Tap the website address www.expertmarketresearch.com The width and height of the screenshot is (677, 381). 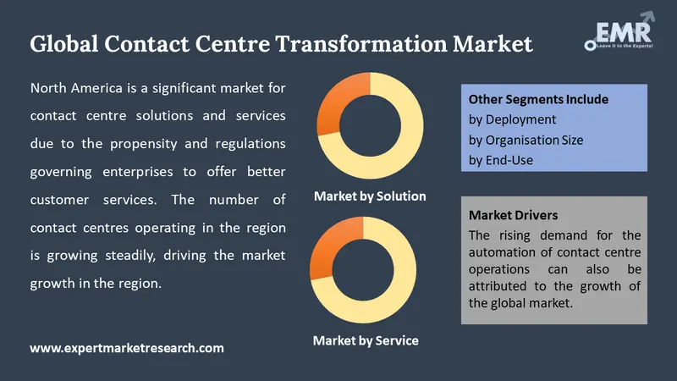(127, 347)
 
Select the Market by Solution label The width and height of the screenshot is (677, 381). (370, 196)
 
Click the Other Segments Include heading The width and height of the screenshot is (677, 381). (538, 100)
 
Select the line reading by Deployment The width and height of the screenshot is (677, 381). (512, 119)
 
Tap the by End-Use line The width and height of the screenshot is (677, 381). (501, 159)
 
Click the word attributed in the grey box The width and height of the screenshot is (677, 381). (506, 286)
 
